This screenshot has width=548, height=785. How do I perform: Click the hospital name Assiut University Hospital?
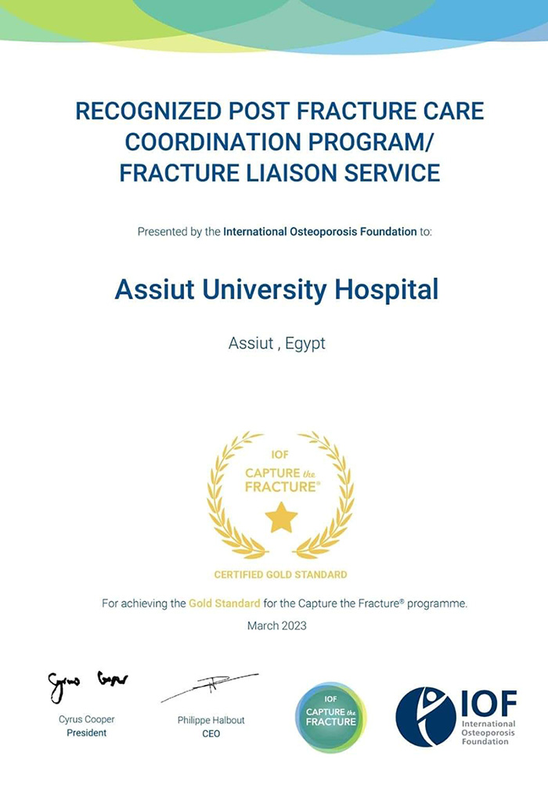point(276,290)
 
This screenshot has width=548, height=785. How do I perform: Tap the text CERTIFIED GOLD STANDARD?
point(280,574)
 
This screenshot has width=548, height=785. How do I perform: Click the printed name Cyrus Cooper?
point(87,720)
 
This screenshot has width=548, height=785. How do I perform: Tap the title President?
point(87,733)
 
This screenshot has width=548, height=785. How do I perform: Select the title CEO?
point(211,733)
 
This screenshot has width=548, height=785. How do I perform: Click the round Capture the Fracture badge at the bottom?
point(331,717)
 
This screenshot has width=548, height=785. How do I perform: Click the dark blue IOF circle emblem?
point(425,717)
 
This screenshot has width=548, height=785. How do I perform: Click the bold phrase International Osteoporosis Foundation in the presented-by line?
point(319,232)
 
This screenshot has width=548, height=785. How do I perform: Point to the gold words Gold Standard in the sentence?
point(224,603)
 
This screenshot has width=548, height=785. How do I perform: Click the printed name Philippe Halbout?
point(211,720)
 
